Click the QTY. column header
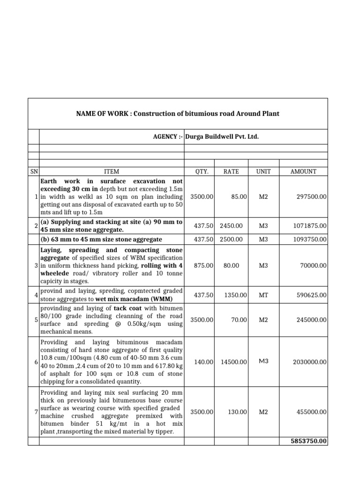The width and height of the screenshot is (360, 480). pos(201,172)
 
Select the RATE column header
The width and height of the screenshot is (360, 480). pos(231,172)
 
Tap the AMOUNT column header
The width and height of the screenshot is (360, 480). pos(303,172)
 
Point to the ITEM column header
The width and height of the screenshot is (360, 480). pos(111,172)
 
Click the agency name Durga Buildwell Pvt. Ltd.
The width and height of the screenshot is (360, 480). pos(222,136)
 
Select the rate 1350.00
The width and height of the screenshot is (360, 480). pos(234,295)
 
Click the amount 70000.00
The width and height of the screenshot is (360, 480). pos(312,265)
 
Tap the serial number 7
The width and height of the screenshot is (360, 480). pos(36,412)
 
